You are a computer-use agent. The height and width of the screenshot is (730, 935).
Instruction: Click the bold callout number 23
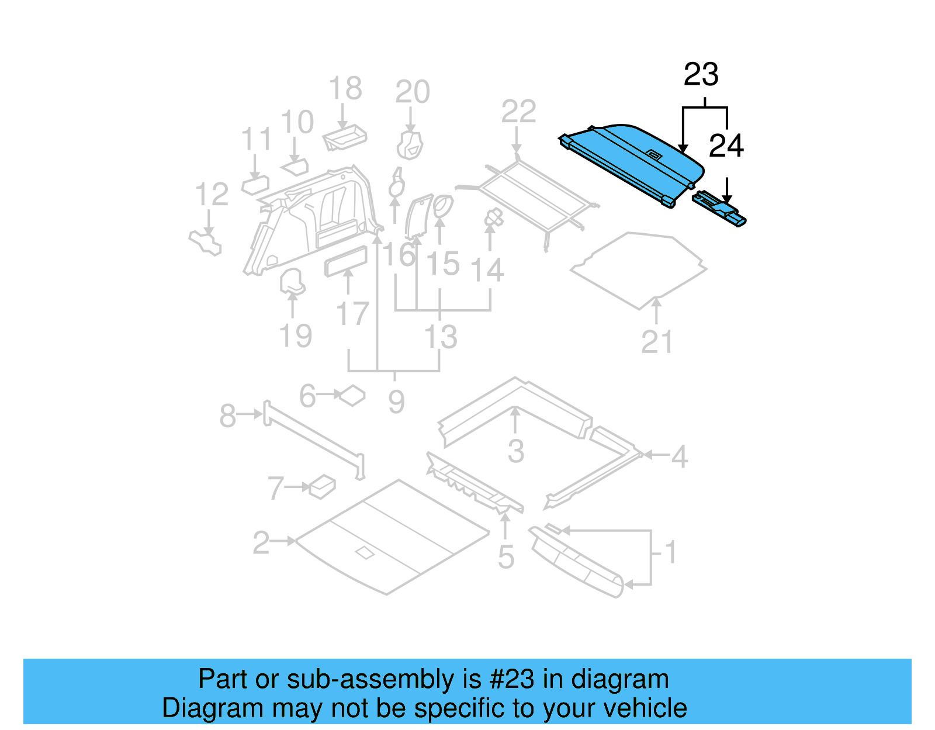(x=701, y=75)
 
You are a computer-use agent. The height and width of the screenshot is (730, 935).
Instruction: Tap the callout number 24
(x=726, y=146)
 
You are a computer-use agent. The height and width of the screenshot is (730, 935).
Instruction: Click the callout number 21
(x=657, y=342)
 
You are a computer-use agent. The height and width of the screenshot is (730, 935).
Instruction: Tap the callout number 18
(x=345, y=89)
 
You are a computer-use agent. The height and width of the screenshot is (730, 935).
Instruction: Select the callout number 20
(x=413, y=92)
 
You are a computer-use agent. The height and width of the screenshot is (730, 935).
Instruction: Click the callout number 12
(x=212, y=195)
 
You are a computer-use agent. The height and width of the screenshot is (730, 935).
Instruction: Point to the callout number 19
(x=295, y=336)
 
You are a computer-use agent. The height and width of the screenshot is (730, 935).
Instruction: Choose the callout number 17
(x=352, y=314)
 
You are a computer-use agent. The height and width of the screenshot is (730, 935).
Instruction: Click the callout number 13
(x=440, y=337)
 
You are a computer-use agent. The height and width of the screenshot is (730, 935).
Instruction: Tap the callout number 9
(x=396, y=402)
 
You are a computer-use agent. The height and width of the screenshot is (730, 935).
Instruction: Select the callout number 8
(x=227, y=416)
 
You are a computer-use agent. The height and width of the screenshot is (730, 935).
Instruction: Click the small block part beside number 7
(x=322, y=486)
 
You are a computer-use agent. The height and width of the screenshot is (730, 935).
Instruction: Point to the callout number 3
(x=515, y=451)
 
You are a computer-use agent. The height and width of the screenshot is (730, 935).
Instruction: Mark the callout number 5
(x=506, y=557)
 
